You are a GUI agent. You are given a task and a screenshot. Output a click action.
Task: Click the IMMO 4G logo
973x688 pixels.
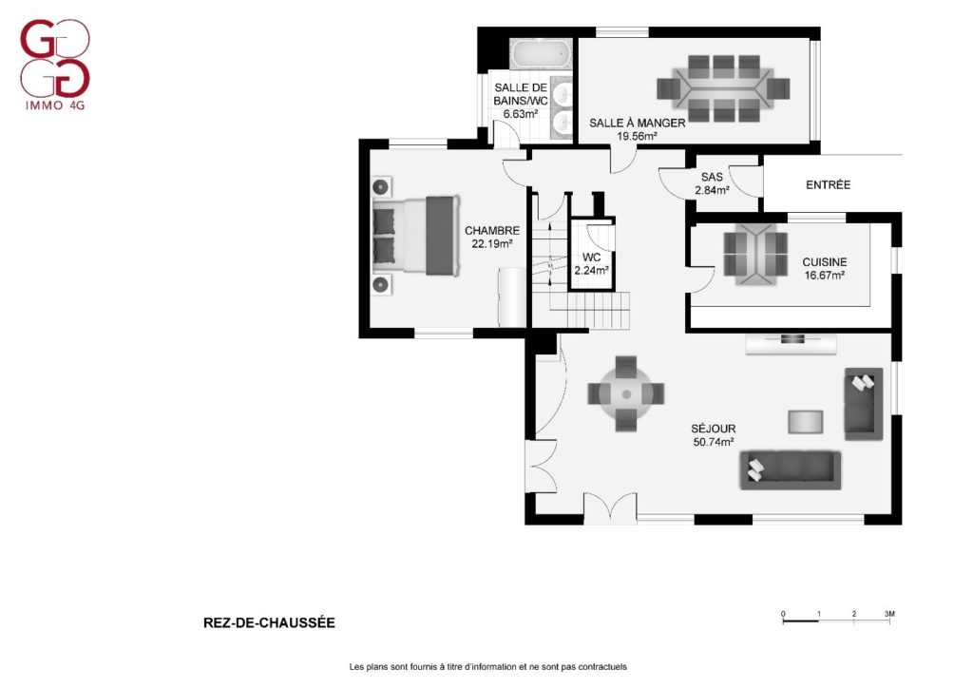(x=55, y=65)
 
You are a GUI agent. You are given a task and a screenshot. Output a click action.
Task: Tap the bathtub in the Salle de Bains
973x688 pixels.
(x=541, y=55)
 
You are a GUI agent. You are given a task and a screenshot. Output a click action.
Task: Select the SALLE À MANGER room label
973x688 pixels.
(x=638, y=123)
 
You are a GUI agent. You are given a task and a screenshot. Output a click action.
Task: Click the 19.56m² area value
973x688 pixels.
(x=637, y=137)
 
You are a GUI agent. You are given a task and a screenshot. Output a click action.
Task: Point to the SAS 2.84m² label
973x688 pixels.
(x=712, y=183)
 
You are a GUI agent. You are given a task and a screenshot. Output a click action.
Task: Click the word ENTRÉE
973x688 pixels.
(x=828, y=185)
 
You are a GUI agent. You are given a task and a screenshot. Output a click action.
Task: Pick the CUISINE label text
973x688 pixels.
(x=824, y=261)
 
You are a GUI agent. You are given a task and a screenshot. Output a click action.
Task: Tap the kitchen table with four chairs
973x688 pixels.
(x=755, y=255)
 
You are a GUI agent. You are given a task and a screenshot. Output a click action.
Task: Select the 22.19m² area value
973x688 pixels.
(x=492, y=244)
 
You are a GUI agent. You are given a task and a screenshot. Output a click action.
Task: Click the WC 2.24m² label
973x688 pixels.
(x=591, y=263)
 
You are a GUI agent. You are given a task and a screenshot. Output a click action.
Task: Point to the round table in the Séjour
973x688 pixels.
(x=626, y=394)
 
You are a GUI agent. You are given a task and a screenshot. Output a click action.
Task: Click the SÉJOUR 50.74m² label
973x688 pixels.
(x=714, y=435)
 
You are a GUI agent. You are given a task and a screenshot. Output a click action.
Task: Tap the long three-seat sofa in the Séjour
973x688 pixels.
(x=791, y=470)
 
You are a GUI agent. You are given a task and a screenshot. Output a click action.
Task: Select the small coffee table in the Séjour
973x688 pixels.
(x=806, y=422)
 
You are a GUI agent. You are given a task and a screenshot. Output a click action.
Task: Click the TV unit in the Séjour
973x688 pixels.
(x=792, y=344)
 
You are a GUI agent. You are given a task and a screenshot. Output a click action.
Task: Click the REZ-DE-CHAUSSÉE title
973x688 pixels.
(x=269, y=622)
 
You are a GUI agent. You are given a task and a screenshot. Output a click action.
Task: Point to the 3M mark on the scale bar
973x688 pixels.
(x=889, y=614)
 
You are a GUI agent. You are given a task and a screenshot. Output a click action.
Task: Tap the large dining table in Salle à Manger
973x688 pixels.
(x=723, y=88)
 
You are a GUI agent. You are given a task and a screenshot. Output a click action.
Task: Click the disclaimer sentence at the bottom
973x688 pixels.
(x=487, y=667)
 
